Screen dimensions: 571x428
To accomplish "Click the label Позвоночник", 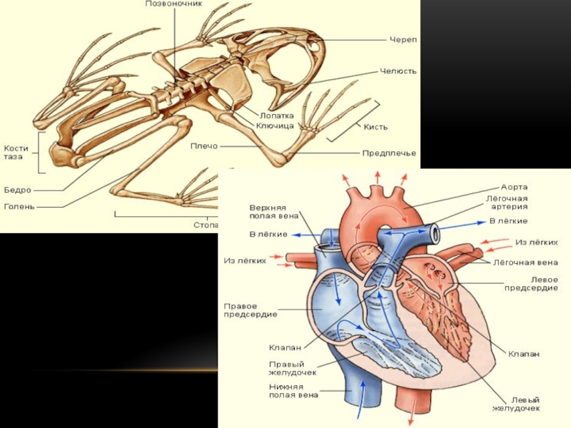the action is click(x=173, y=4).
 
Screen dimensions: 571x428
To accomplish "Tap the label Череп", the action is click(x=403, y=39).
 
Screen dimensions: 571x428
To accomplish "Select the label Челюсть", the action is click(x=398, y=71).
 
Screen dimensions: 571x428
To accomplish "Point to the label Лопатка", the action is click(x=276, y=114).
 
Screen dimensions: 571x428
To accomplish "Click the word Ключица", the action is click(x=275, y=126).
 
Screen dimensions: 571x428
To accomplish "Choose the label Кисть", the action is click(x=375, y=127).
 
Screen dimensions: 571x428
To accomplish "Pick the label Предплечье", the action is click(x=389, y=153).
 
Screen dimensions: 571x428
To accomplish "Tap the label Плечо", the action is click(x=204, y=146).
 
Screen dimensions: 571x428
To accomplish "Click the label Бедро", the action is click(x=17, y=190).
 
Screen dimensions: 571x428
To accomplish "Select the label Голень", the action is click(x=19, y=207).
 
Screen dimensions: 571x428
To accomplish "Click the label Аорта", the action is click(x=514, y=187).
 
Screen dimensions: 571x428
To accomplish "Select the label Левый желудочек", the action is click(x=515, y=404).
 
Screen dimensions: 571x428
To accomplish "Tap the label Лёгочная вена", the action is click(x=525, y=262).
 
